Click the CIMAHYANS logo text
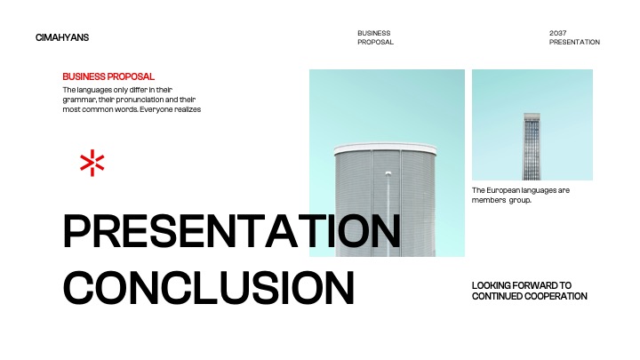click(62, 37)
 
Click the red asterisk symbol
click(92, 163)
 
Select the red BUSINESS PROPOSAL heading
click(108, 76)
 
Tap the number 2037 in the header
click(558, 33)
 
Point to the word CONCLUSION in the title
click(210, 288)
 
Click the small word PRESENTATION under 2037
click(574, 42)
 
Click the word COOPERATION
click(557, 296)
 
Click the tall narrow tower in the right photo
click(532, 146)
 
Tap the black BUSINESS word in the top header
click(373, 33)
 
